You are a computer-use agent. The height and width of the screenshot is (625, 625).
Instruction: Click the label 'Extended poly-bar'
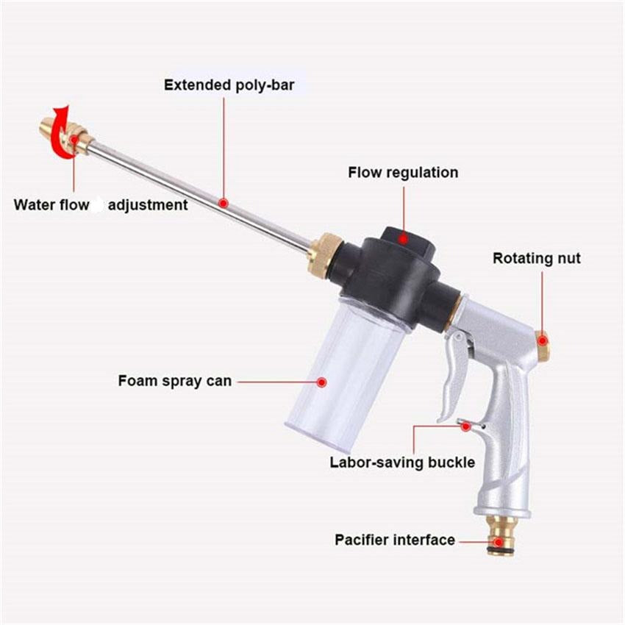tap(229, 85)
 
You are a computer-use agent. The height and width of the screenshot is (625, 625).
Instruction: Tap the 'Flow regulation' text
tap(402, 173)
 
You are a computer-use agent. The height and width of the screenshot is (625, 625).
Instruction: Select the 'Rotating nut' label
tap(536, 258)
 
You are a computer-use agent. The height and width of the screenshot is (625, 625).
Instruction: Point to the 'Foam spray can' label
tap(174, 381)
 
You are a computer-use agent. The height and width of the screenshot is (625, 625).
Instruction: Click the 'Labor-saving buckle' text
tap(402, 463)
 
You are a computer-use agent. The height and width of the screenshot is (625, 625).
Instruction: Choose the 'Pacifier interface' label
tap(395, 540)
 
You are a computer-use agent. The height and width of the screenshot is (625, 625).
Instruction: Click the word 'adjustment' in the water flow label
tap(148, 205)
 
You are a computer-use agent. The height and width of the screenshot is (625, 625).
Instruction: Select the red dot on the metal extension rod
tap(224, 201)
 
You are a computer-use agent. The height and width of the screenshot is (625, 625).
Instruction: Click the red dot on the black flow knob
tap(402, 238)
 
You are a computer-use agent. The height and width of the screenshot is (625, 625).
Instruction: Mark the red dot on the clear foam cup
tap(321, 382)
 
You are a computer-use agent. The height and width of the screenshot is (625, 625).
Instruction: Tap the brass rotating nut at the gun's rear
tap(542, 345)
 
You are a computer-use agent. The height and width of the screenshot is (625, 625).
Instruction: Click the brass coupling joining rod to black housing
tap(324, 254)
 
